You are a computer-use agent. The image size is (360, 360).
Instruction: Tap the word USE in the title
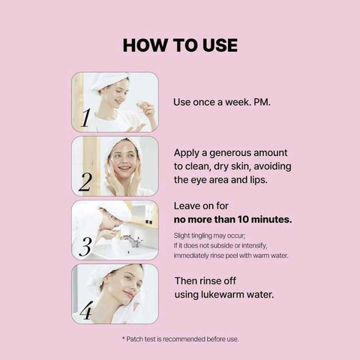220,45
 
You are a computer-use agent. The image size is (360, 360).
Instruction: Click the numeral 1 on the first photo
85,118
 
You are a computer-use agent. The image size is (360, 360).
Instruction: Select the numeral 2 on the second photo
85,182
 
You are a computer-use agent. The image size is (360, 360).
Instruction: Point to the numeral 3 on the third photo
85,247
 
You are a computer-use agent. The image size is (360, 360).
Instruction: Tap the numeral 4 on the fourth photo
86,310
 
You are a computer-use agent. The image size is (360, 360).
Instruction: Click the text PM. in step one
262,102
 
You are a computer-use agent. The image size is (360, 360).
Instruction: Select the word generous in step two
229,153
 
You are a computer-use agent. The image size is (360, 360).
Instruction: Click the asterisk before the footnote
124,338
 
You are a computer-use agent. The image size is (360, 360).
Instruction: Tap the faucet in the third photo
133,241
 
